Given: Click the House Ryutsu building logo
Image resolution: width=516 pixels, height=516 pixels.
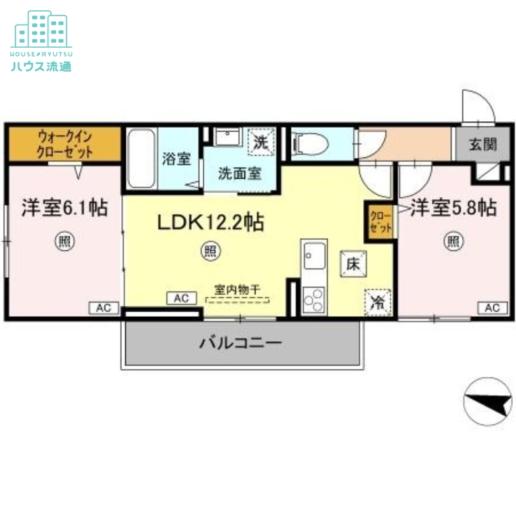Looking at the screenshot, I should pos(41,29).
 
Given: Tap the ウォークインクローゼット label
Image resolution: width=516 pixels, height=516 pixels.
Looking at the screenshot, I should pos(64,144).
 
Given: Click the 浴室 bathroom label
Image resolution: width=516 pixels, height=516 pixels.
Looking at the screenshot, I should pos(176,159).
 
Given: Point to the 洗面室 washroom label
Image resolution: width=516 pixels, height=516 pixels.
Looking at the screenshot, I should pos(239,173).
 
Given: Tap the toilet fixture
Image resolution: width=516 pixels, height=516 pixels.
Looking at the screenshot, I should pos(308,143).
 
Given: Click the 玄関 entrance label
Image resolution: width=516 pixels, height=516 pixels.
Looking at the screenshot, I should pos(482,143).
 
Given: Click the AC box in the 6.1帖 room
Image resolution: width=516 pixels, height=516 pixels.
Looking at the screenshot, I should pos(103,308).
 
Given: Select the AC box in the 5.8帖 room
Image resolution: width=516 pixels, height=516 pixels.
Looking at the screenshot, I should pos(491,308).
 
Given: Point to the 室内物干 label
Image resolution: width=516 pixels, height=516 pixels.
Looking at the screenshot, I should pos(237,291).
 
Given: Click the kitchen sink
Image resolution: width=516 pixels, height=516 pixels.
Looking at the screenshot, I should pos(315,257).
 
